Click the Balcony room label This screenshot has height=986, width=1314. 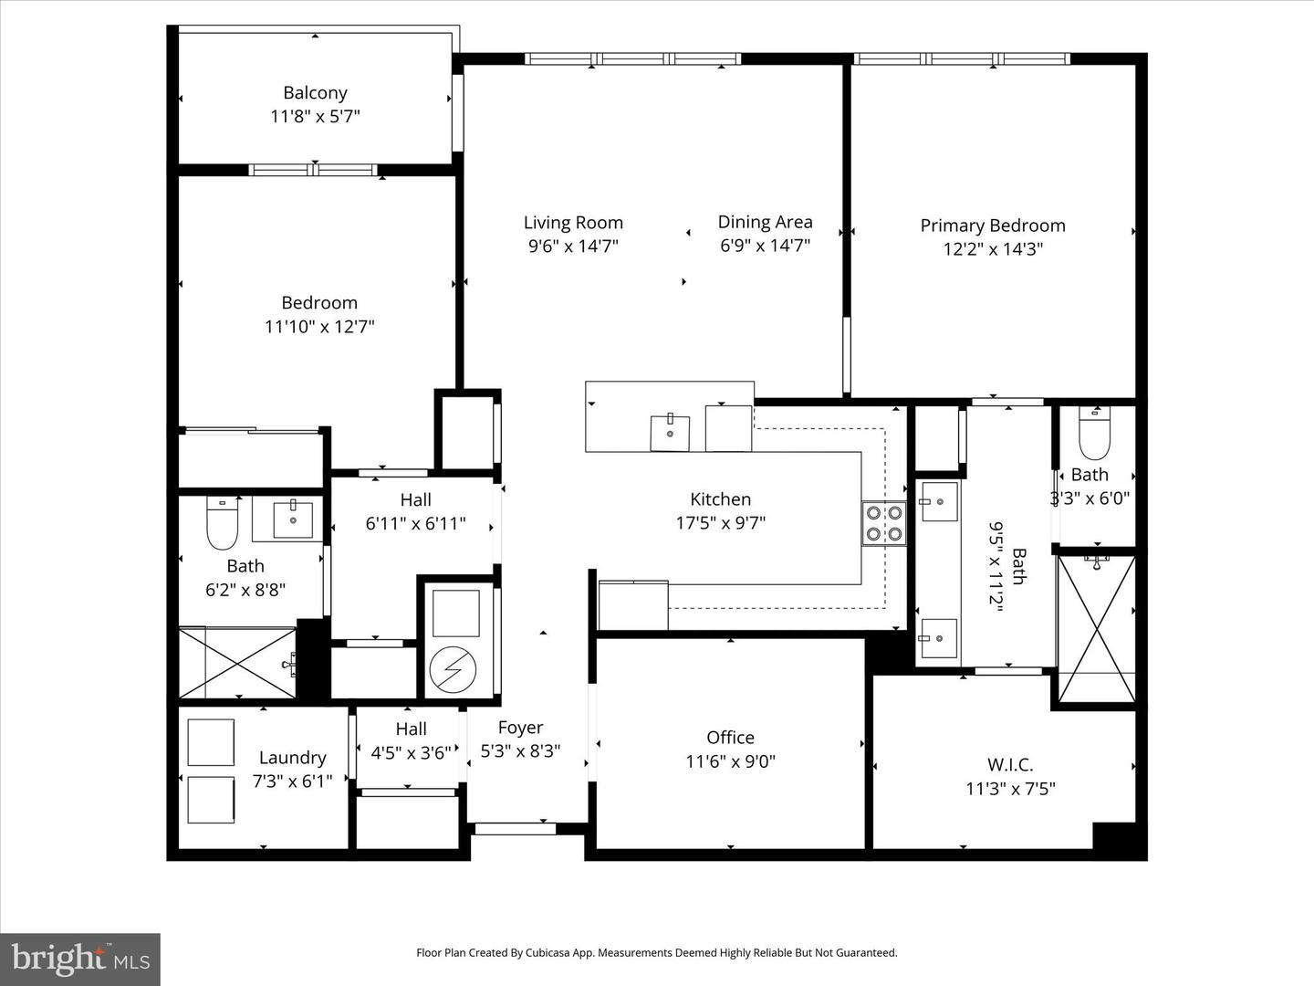coord(315,92)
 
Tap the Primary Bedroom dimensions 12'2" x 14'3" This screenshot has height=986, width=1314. coord(992,249)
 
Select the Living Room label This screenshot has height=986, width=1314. coord(573,222)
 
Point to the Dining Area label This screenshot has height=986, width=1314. coord(765,221)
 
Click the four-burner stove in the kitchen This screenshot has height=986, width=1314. coord(883,523)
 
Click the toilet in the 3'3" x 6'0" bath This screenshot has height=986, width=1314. coord(1093,436)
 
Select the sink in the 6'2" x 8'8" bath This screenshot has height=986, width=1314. coord(293,519)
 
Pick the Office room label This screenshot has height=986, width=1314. coord(730,737)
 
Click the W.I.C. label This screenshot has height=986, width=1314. coord(1010,765)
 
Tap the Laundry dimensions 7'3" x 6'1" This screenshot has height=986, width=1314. coord(292,781)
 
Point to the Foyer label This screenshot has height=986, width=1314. coord(520,728)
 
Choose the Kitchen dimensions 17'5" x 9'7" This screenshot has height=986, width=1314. coord(720,523)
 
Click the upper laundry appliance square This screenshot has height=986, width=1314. coord(211,742)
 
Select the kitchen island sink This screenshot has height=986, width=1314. coord(670,433)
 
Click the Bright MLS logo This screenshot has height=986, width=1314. coord(80,959)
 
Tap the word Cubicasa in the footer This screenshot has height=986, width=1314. coord(549,952)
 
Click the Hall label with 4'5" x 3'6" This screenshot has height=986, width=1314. coord(411,729)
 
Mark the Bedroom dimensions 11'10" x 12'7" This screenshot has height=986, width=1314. coord(319,327)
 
